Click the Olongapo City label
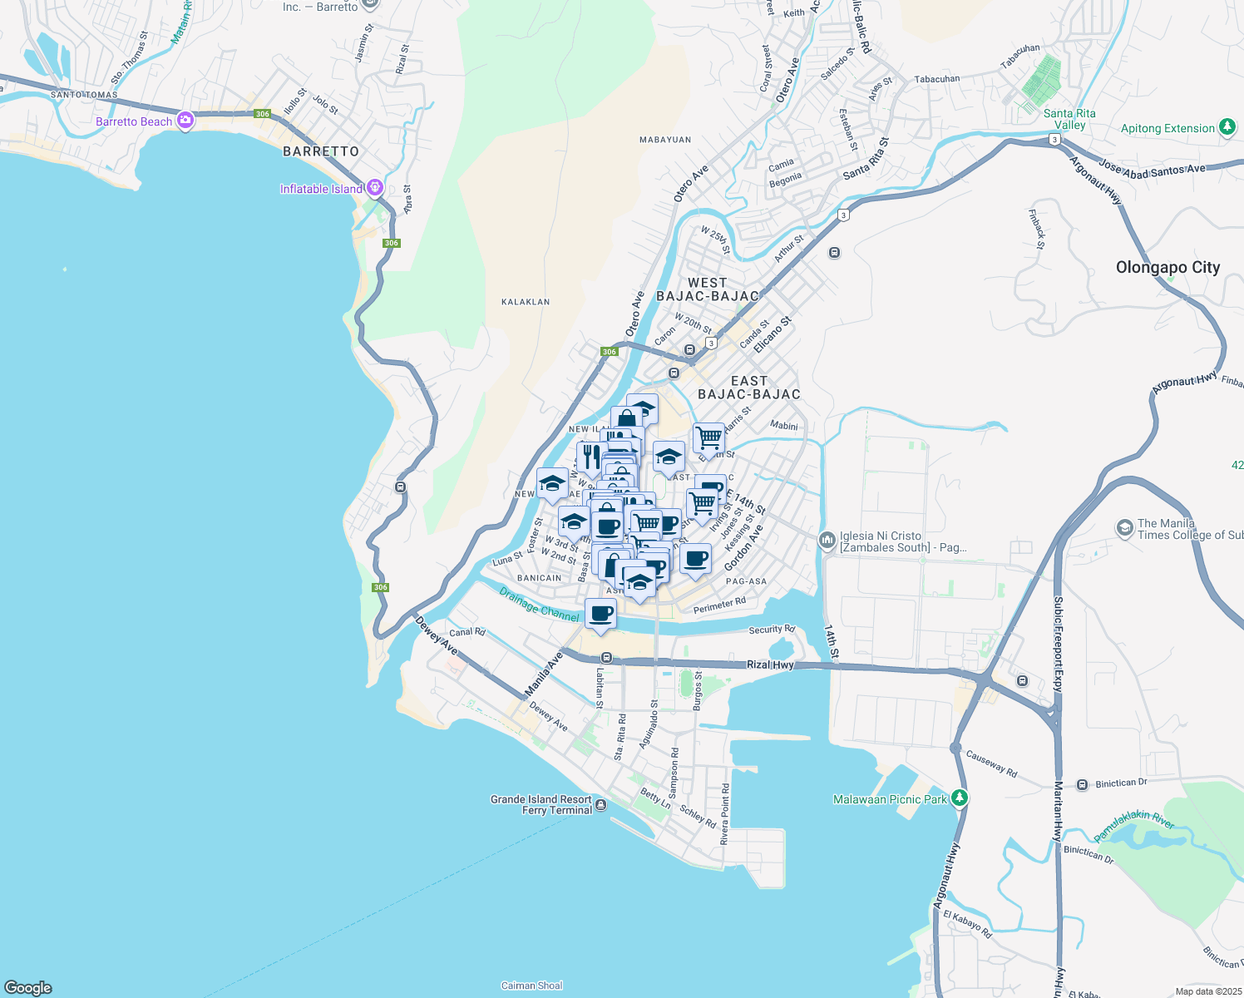coord(1167,268)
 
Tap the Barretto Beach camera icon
coord(185,121)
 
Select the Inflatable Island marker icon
coord(375,187)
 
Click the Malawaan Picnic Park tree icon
coord(960,798)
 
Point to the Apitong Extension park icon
coord(1227,127)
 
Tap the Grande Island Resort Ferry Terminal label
coord(541,804)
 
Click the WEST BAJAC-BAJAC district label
coord(708,289)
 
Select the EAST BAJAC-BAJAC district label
coord(749,388)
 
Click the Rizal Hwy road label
coord(770,665)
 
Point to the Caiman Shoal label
coord(531,986)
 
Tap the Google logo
coord(28,987)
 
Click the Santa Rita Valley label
coord(1069,119)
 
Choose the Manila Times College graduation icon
coord(1124,528)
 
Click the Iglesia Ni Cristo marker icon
coord(827,541)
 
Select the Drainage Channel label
coord(540,605)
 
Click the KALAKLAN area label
coord(526,302)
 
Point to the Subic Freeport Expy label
coord(1059,644)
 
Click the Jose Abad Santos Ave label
coord(1152,170)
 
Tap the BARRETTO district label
coord(321,151)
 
